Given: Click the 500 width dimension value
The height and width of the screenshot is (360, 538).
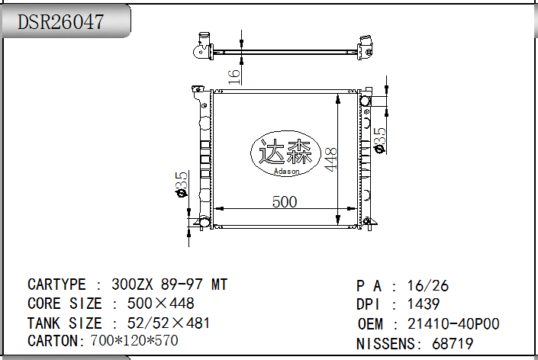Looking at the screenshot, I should coord(284,201).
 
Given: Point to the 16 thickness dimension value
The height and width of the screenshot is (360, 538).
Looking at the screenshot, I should coord(235,75).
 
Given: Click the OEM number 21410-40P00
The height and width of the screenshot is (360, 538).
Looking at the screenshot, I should coord(453,324).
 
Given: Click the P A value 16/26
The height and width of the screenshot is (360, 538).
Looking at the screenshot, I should coord(428,286).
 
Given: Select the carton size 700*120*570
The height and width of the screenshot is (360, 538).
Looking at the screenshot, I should coord(134,340).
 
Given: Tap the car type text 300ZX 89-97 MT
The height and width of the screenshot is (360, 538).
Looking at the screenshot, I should coord(169,284).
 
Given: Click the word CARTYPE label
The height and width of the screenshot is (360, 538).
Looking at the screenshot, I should coord(56,284).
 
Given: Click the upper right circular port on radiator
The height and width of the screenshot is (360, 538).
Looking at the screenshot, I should coord(365,101).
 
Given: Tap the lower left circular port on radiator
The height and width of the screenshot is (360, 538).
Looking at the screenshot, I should coord(201,222).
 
